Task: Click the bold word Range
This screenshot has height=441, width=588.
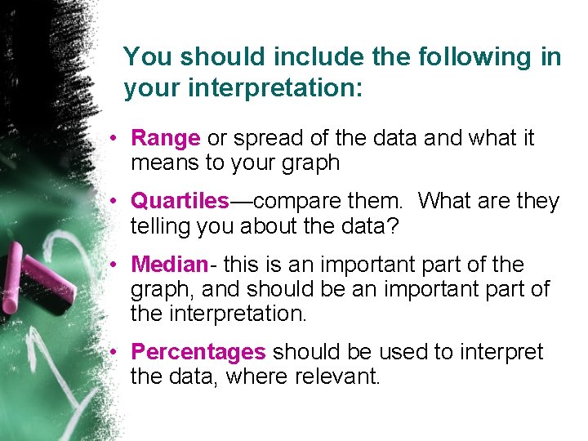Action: tap(165, 139)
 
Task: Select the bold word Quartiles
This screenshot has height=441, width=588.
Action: tap(180, 201)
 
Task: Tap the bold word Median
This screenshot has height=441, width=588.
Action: tap(170, 265)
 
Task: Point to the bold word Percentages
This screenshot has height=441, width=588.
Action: tap(198, 352)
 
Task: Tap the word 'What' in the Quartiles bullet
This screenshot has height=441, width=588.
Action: tap(448, 201)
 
